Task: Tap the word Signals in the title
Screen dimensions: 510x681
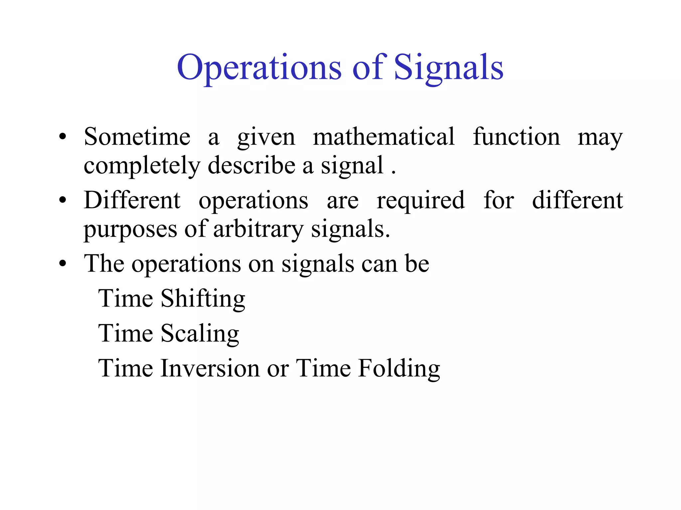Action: click(449, 68)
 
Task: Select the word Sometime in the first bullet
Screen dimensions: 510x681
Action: click(137, 137)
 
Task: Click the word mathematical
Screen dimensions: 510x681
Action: click(384, 137)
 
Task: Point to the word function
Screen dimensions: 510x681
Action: click(516, 137)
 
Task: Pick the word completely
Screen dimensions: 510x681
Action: click(142, 166)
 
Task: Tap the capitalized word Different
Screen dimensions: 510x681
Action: click(132, 200)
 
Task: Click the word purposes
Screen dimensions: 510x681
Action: click(130, 230)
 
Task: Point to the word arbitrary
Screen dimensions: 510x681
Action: click(258, 229)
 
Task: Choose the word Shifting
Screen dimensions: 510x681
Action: click(203, 299)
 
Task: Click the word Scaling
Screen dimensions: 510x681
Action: click(200, 334)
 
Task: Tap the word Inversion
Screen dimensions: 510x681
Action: click(210, 368)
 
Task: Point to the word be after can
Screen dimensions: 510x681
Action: click(417, 264)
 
